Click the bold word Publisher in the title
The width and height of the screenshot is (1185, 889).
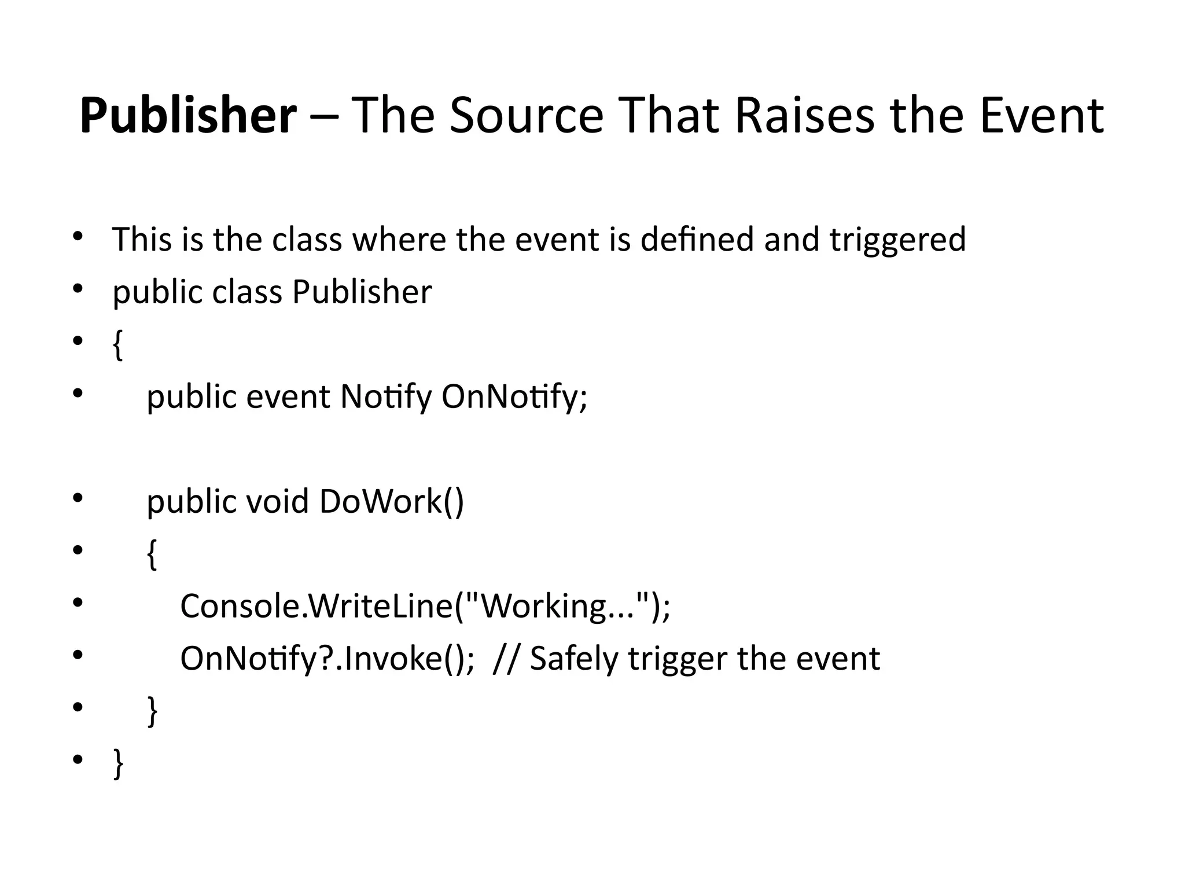tap(188, 116)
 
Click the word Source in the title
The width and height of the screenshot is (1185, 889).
tap(526, 116)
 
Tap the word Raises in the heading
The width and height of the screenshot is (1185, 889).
tap(805, 116)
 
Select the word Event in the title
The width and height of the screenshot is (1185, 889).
tap(1042, 116)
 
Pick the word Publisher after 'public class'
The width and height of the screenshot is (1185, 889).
tap(362, 292)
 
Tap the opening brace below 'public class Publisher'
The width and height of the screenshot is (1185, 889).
tap(118, 346)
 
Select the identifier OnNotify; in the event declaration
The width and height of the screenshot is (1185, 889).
tap(514, 397)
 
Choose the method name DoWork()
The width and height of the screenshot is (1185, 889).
tap(391, 501)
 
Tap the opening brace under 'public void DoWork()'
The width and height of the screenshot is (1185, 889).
tap(152, 554)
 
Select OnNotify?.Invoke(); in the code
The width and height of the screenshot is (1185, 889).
tap(327, 659)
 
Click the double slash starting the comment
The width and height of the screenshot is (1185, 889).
tap(506, 659)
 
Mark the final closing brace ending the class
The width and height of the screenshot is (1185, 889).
tap(118, 763)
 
